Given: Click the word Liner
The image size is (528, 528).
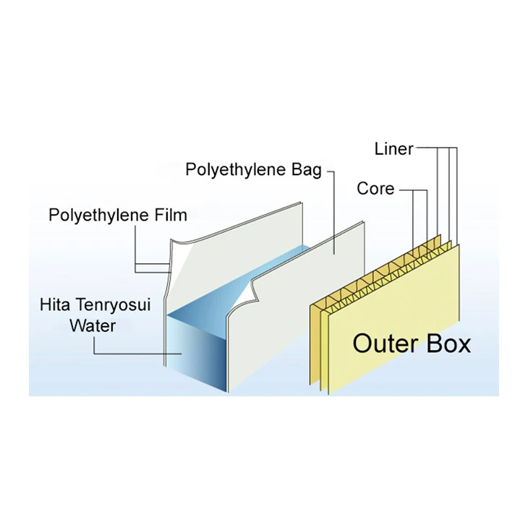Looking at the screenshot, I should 393,149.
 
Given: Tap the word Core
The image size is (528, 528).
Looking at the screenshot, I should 375,189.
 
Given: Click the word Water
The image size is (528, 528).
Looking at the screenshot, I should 92,325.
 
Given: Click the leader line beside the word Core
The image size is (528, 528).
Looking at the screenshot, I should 409,190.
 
